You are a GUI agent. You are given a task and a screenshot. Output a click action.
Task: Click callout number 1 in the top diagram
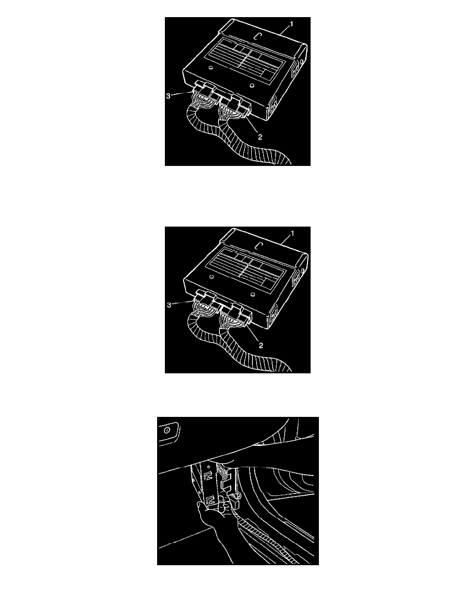pos(291,24)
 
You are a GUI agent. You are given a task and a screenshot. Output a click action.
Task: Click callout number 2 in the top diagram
pos(260,137)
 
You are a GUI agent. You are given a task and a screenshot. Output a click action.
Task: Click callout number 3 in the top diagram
pos(168,96)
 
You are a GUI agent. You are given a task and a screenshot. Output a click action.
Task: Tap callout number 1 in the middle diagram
pos(292,234)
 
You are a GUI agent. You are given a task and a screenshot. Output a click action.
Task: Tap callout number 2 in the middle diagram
pos(261,346)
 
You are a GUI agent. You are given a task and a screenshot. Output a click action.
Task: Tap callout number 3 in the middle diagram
pos(169,305)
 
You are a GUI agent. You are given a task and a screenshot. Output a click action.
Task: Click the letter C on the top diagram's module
pos(257,36)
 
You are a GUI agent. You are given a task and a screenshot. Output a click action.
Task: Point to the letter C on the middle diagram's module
pos(258,246)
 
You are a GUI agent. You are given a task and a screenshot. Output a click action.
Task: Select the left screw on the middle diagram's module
pos(212,277)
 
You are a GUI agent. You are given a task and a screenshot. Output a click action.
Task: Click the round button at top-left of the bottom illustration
pos(166,430)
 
